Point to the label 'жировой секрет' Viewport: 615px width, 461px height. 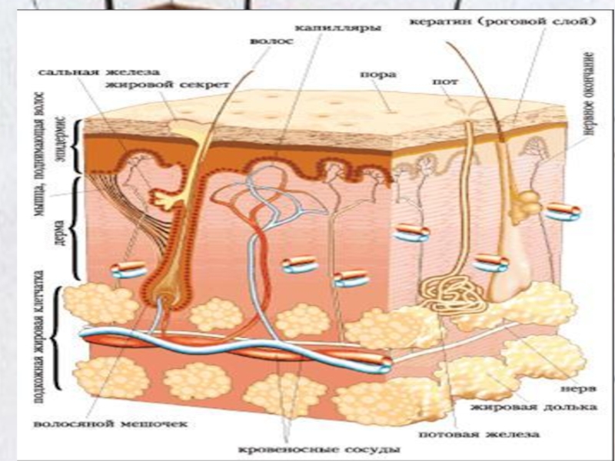(150, 84)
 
